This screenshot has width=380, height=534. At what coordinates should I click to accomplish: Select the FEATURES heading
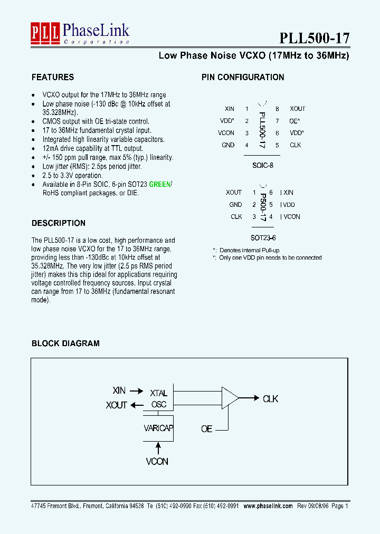click(x=53, y=77)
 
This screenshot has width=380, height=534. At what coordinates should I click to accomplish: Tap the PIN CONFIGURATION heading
click(x=243, y=77)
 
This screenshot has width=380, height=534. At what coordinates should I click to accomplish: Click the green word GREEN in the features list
click(x=160, y=185)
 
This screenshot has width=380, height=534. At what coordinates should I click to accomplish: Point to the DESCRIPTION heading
click(x=59, y=223)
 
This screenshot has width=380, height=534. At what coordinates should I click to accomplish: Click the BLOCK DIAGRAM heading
click(x=65, y=343)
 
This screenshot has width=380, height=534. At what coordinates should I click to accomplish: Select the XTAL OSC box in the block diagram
click(x=158, y=399)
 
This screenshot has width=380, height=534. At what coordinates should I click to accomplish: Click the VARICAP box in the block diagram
click(x=158, y=428)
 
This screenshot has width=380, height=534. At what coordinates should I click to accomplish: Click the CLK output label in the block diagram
click(x=270, y=399)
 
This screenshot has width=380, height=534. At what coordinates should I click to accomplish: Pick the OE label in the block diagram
click(x=207, y=429)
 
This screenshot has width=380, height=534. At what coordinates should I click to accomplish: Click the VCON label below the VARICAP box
click(x=157, y=462)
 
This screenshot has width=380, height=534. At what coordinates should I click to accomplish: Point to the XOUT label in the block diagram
click(x=116, y=405)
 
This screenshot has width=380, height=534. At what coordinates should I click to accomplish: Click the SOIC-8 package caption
click(x=262, y=164)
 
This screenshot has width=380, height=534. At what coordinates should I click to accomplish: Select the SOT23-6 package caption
click(x=262, y=238)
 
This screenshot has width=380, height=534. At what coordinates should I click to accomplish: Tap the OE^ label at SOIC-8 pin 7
click(x=295, y=121)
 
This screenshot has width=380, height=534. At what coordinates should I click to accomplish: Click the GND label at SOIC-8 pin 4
click(x=228, y=145)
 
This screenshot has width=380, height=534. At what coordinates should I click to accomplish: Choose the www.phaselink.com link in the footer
click(x=268, y=506)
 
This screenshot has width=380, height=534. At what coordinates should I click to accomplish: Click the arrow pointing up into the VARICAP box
click(x=157, y=448)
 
